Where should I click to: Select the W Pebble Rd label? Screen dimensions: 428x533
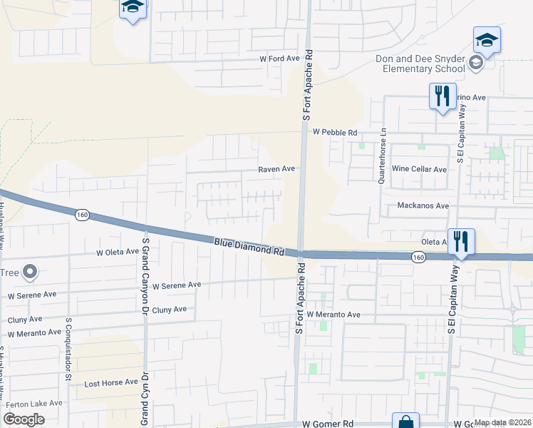(334, 132)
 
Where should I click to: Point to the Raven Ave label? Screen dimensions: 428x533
(276, 169)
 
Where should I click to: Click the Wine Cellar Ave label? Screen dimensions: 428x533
(420, 169)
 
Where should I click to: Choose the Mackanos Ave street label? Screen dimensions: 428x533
(423, 205)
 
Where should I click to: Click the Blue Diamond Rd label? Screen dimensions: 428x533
(249, 248)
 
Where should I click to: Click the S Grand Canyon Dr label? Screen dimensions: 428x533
(145, 272)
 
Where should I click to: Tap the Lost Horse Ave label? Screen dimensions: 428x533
(111, 382)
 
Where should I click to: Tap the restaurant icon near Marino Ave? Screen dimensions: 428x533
(443, 96)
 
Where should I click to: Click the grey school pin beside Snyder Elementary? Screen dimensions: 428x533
(475, 63)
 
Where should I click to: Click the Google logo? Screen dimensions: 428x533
(24, 419)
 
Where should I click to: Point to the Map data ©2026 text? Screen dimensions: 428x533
(502, 422)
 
